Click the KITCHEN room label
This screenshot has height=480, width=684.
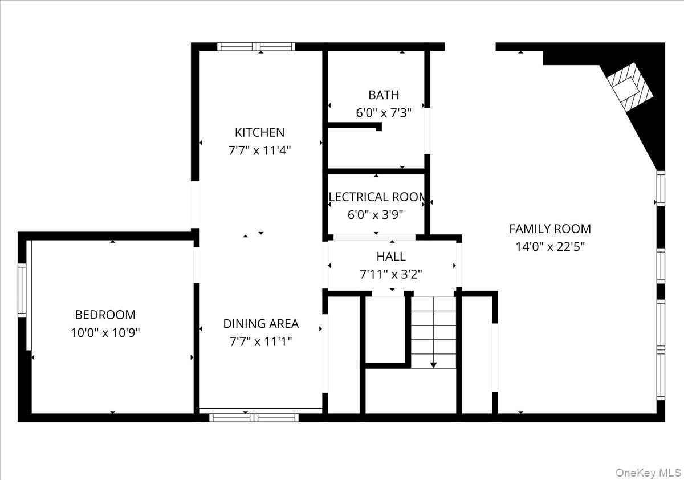tap(259, 132)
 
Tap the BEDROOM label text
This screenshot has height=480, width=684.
tap(105, 315)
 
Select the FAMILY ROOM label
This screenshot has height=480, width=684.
tap(550, 229)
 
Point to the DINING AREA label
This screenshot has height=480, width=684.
tap(261, 324)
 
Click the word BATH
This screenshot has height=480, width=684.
tap(384, 95)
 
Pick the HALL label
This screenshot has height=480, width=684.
tap(391, 257)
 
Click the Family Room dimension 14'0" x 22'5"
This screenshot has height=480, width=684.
tap(550, 247)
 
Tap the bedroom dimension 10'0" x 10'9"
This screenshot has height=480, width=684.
tap(105, 332)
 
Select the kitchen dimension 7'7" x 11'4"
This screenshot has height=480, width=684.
tap(259, 150)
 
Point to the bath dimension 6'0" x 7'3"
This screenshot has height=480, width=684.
tap(384, 113)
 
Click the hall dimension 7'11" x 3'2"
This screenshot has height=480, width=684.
tap(391, 275)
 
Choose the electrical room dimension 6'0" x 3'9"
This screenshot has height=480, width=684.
tap(375, 215)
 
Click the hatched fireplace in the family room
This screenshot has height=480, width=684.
tap(630, 87)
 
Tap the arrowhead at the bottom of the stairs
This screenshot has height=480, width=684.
tap(433, 365)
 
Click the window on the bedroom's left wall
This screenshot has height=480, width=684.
tap(22, 290)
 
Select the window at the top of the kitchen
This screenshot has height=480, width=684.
tap(256, 47)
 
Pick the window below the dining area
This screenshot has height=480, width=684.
tap(254, 418)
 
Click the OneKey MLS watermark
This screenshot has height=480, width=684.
tap(648, 473)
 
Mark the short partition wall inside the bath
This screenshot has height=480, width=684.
tap(355, 125)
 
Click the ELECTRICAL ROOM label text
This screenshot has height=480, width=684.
tap(377, 197)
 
